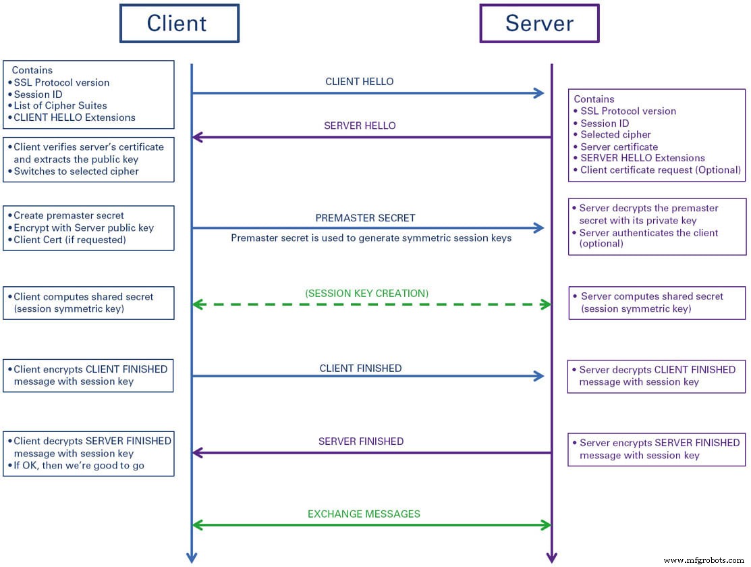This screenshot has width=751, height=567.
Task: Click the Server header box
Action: [538, 24]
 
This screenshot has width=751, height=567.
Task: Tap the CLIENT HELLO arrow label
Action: [359, 82]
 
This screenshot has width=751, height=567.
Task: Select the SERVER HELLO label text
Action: [360, 126]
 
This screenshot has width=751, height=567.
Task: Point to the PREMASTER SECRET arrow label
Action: [365, 218]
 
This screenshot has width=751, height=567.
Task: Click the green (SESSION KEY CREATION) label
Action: [366, 293]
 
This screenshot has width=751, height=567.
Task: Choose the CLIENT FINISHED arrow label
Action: [360, 369]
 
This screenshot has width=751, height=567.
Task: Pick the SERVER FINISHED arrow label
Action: [360, 441]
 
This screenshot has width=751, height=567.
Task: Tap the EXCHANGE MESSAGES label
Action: [364, 514]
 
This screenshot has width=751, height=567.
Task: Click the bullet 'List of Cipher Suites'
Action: [60, 105]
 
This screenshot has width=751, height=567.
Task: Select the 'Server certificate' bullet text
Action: [619, 146]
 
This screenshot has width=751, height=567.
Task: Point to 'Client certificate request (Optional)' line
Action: [660, 170]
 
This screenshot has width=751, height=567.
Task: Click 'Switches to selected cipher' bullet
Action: [76, 171]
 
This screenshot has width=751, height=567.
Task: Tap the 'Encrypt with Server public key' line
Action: [84, 227]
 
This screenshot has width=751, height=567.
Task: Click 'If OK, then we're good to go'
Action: [78, 466]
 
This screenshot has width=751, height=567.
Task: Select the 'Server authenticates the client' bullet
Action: [648, 233]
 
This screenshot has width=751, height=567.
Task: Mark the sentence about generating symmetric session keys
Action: [371, 238]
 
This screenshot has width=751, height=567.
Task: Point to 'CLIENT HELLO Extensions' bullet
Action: [74, 117]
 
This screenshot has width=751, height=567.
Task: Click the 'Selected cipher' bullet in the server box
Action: [615, 134]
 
